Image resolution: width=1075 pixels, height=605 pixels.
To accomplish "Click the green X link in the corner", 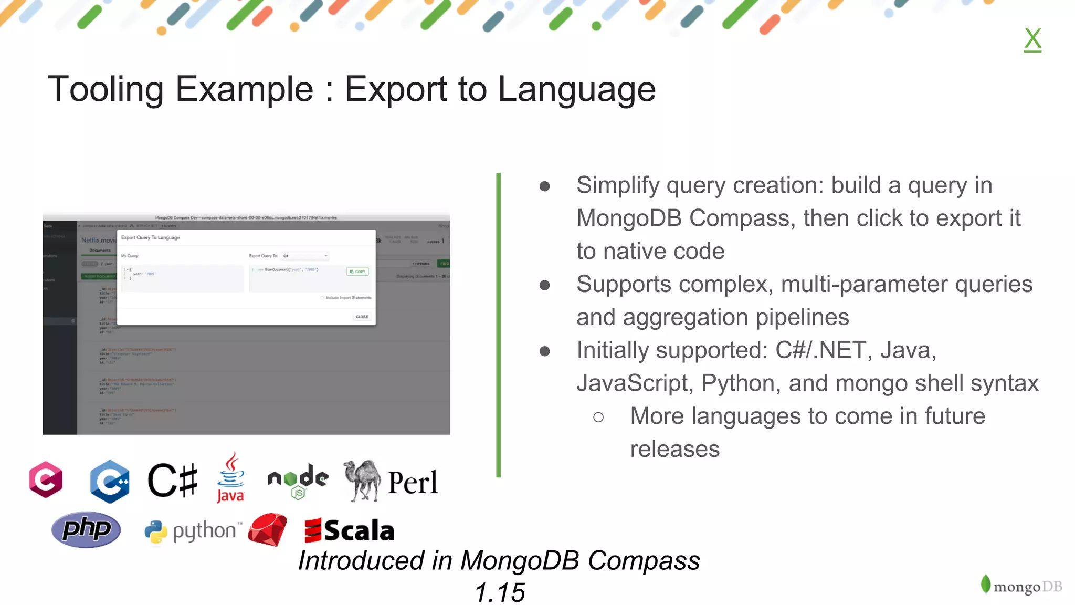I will (1032, 39).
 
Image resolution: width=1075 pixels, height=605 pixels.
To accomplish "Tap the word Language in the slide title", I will (576, 89).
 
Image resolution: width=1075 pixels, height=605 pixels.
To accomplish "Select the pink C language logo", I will (46, 479).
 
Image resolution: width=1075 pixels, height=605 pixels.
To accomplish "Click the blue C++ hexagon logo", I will (110, 481).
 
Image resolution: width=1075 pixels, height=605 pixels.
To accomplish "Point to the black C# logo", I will (173, 480).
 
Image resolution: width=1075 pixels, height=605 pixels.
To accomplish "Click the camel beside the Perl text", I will (362, 480).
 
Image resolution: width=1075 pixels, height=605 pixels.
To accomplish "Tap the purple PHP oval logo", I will (86, 529).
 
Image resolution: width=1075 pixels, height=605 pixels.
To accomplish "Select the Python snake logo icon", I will (156, 531).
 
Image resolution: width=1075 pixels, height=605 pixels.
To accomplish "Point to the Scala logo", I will (350, 530).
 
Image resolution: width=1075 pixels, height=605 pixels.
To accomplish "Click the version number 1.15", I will (499, 593).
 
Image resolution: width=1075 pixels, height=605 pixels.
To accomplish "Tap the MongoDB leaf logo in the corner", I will (986, 584).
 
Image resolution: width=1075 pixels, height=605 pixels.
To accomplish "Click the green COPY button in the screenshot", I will (358, 272).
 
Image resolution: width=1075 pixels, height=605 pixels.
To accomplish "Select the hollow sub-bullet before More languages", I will (598, 417).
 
